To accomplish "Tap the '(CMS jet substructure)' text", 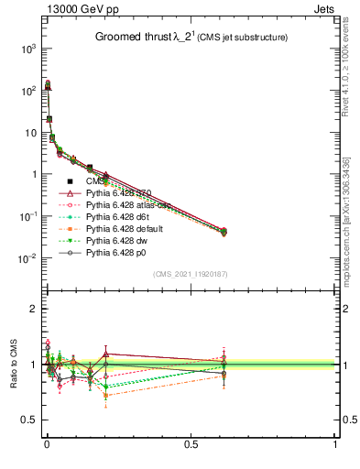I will pos(240,38).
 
